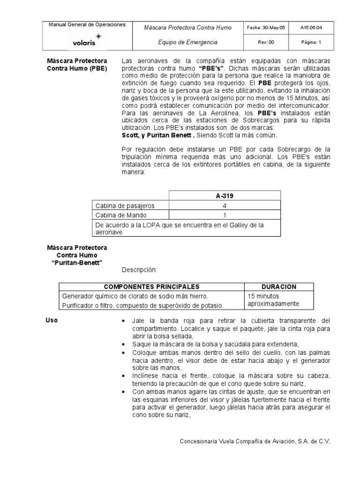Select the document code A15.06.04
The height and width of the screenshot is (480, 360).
pos(311,28)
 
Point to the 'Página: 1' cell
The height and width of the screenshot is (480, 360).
pos(311,42)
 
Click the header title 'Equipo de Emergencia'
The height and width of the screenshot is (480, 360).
pos(187,42)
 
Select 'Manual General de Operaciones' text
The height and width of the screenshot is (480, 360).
pos(87,25)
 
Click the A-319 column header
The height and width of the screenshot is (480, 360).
pos(225,196)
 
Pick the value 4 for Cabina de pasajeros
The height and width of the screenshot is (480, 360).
pos(225,206)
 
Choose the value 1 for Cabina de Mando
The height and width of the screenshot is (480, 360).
pos(225,216)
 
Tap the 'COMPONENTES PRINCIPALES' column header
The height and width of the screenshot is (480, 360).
pos(151,287)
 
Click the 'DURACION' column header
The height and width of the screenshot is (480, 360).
pos(278,287)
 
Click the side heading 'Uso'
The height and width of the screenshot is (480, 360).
pos(51,320)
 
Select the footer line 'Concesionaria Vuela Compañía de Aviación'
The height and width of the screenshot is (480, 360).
pos(255,442)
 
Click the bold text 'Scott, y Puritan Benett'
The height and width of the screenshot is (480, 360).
pos(157,135)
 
